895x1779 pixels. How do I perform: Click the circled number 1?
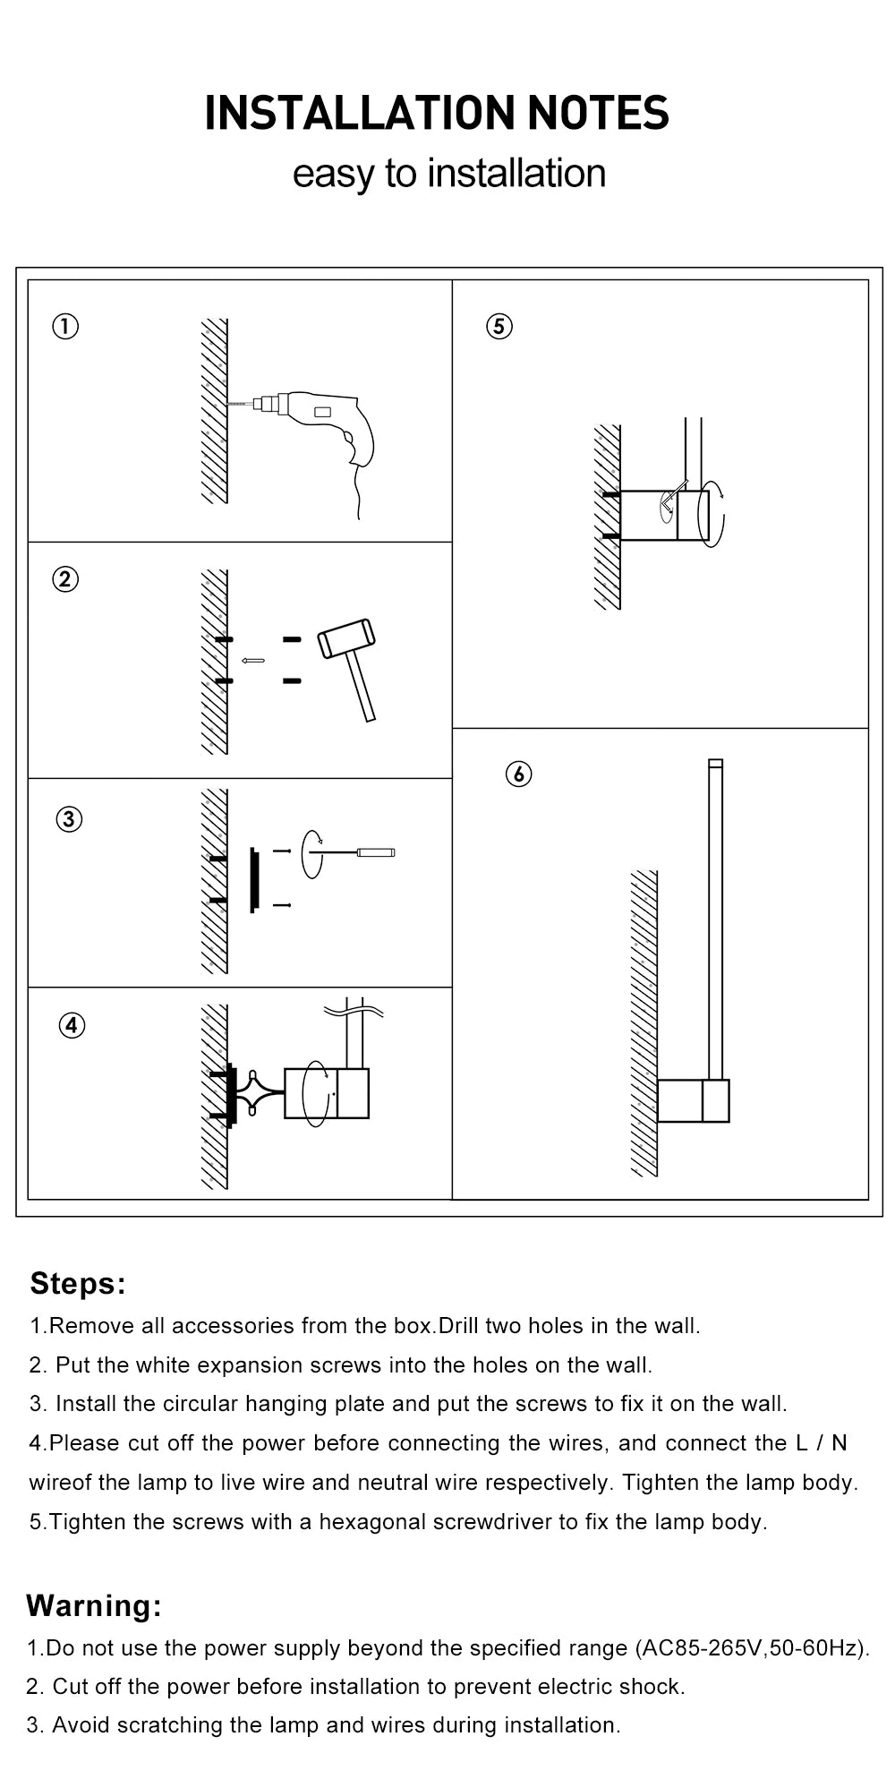click(x=65, y=326)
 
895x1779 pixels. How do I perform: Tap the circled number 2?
click(x=65, y=579)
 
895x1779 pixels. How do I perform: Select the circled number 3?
click(x=69, y=819)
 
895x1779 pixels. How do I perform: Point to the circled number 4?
click(x=72, y=1025)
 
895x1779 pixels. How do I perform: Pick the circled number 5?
click(x=499, y=326)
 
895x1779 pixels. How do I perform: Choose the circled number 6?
click(x=518, y=774)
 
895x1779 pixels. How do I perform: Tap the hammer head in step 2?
click(x=347, y=637)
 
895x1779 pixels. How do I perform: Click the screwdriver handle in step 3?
click(x=376, y=851)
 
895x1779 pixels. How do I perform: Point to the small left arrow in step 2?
click(x=253, y=661)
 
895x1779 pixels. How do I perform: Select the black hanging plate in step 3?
click(x=254, y=880)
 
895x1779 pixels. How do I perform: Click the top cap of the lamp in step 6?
click(x=715, y=764)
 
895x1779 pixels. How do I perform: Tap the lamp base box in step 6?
click(x=693, y=1100)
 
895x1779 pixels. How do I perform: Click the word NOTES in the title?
click(x=598, y=114)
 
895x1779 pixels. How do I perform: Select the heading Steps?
click(x=78, y=1283)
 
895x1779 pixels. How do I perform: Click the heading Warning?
click(x=94, y=1605)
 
